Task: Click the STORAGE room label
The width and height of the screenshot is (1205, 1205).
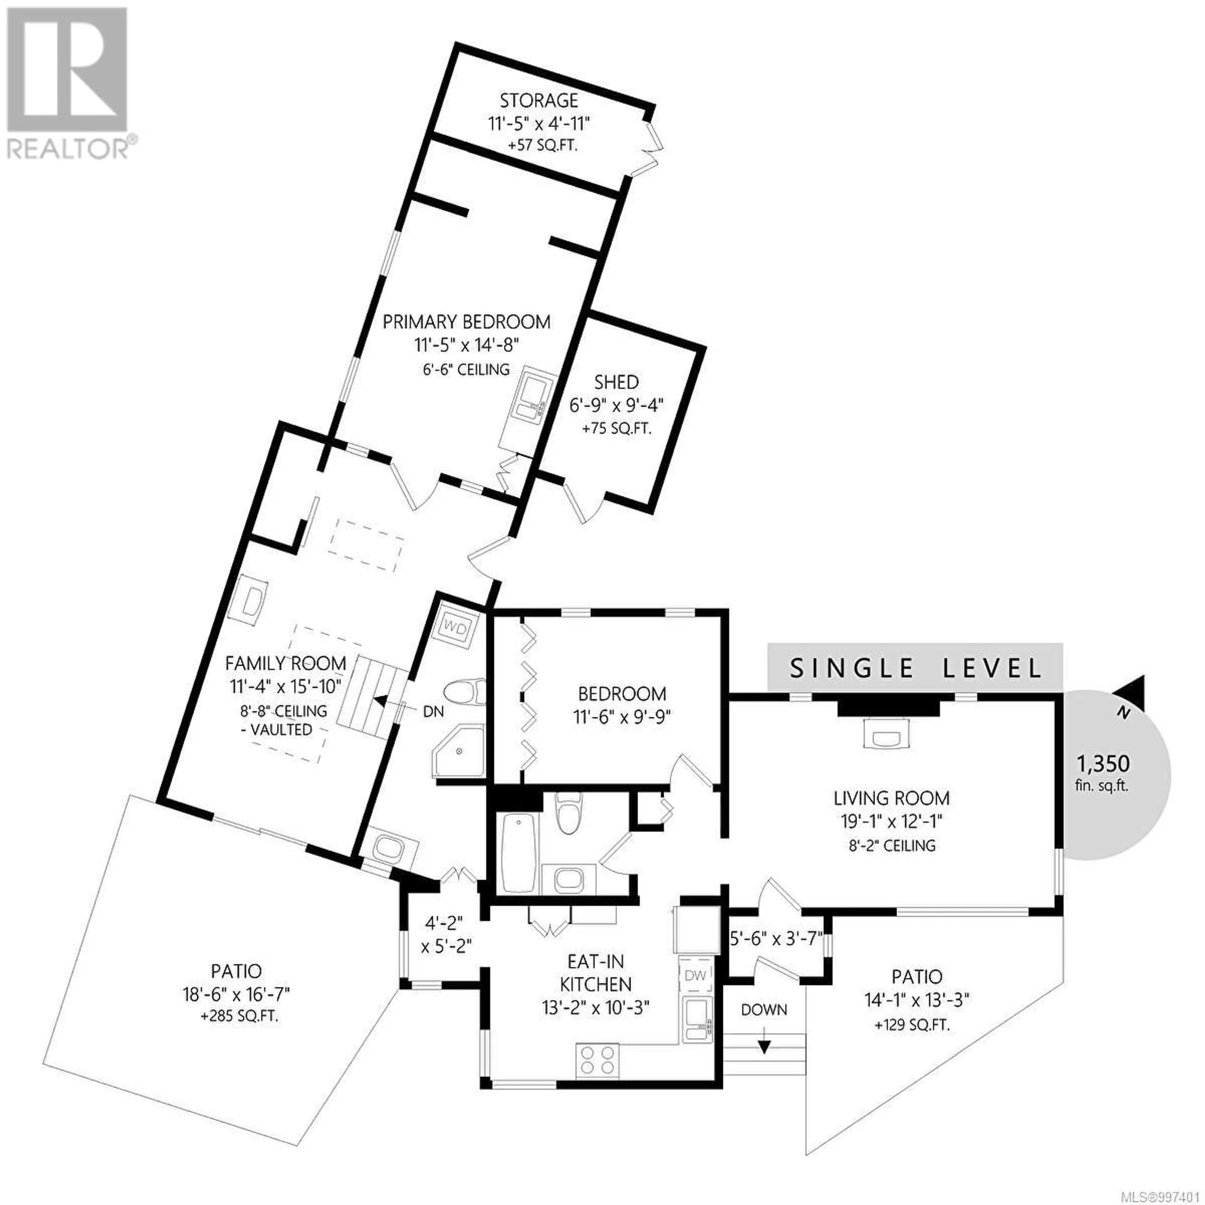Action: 539,100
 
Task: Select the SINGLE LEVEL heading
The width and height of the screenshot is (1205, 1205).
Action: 916,668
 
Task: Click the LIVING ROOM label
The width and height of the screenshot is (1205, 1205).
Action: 892,798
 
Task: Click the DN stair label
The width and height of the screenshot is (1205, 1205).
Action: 433,711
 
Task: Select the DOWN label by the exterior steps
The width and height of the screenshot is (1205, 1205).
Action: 764,1009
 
